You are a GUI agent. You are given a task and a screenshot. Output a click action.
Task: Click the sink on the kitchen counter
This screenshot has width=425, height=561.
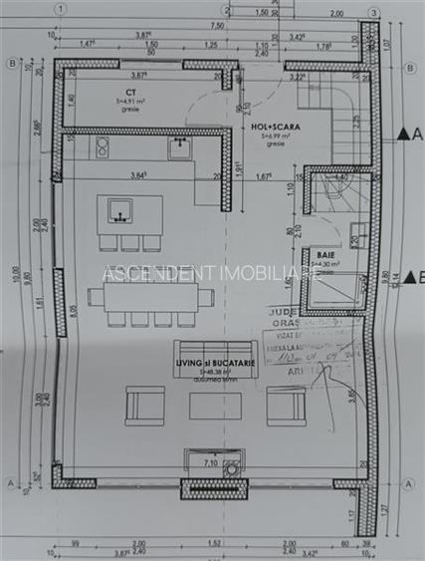[x=179, y=148]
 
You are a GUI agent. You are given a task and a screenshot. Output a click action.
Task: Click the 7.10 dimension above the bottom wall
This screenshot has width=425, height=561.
[x=211, y=463]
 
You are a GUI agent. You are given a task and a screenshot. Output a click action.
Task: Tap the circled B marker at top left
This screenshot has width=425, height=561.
[x=11, y=63]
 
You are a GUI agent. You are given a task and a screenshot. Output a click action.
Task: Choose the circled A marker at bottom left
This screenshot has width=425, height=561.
[x=11, y=484]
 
